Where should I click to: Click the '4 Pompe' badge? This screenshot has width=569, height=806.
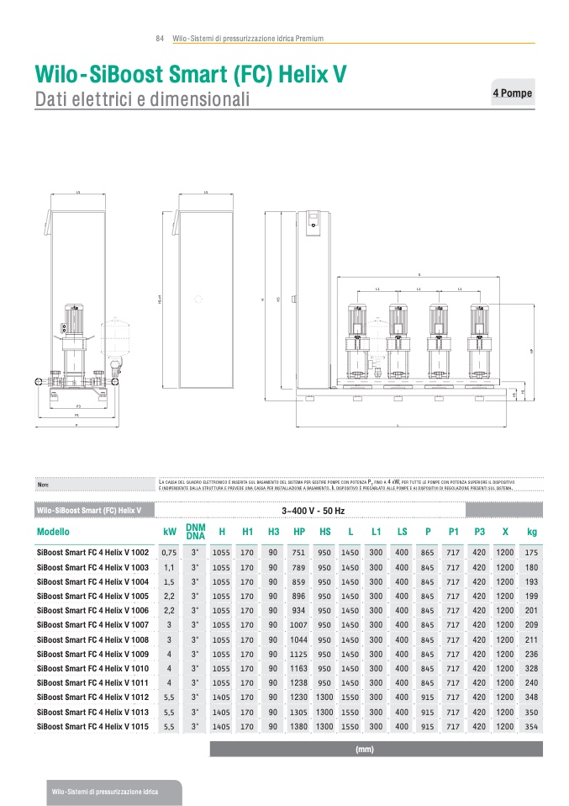coord(513,93)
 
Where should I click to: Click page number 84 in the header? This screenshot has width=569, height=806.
coord(160,39)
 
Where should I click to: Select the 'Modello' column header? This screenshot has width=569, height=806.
coord(53,532)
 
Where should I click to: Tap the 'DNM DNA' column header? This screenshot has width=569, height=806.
coord(196,532)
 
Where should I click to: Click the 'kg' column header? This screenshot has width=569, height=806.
coord(531,532)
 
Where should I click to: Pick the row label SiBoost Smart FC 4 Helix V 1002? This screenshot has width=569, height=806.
coord(93,553)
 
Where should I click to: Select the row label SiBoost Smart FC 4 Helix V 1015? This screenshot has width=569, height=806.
coord(93,726)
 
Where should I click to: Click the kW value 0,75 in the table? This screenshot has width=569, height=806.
coord(169,553)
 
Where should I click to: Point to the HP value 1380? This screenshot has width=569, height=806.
coord(299,726)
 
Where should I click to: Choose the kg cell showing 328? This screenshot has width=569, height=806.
coord(531,668)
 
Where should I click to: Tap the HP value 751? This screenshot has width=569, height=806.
coord(299,553)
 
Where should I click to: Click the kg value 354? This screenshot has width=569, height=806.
coord(531,726)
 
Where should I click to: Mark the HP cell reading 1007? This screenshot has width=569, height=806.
coord(299,625)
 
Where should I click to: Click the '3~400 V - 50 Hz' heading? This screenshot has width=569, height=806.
coord(313,511)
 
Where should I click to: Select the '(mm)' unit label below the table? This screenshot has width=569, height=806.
coord(365,749)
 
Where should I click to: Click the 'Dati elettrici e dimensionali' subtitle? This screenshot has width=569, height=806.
coord(143,100)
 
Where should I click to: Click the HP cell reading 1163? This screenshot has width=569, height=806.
coord(299,668)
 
